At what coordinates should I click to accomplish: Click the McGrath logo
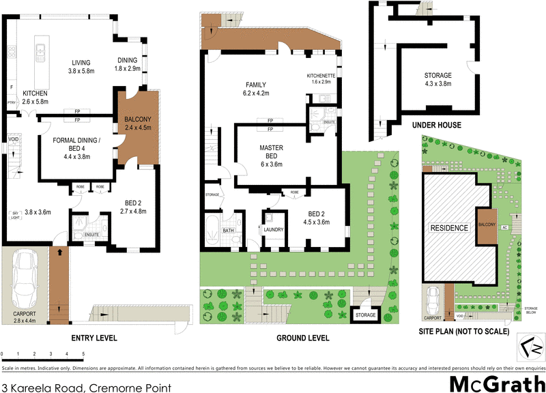(x=496, y=382)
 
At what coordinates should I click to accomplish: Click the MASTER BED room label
(x=271, y=154)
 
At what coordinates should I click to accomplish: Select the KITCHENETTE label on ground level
(x=319, y=77)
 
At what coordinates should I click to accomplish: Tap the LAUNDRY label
(x=274, y=230)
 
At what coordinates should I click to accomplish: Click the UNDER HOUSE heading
(x=437, y=126)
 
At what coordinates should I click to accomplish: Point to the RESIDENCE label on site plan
(x=448, y=228)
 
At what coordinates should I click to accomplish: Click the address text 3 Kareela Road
(x=85, y=387)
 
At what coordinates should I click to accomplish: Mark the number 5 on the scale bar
(x=83, y=355)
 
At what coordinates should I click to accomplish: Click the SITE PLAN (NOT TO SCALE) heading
(x=465, y=331)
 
